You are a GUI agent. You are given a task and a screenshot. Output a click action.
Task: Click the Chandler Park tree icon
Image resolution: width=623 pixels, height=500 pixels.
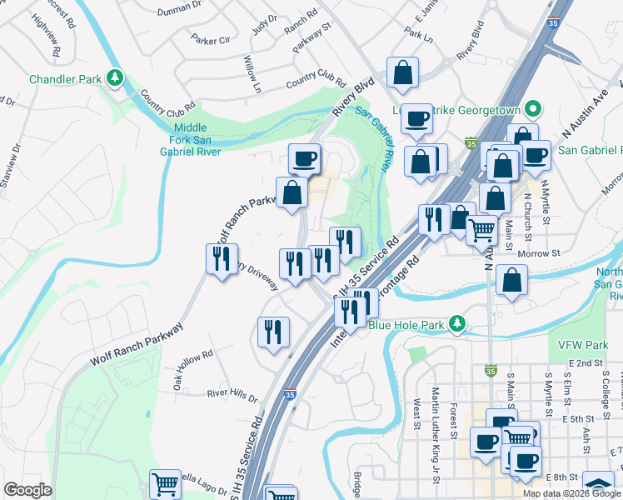(x=114, y=79)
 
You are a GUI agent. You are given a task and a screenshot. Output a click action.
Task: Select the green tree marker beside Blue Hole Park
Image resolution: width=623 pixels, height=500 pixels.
(x=456, y=323)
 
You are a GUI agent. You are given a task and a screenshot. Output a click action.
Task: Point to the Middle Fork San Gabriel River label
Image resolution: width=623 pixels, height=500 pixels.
(x=190, y=139)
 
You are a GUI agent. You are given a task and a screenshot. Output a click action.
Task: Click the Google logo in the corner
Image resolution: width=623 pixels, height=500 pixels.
(x=27, y=490)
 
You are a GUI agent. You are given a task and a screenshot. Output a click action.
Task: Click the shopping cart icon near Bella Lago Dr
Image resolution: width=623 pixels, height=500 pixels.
(x=165, y=484)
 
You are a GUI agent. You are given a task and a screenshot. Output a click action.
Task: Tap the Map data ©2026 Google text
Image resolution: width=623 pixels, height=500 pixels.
(x=571, y=493)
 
